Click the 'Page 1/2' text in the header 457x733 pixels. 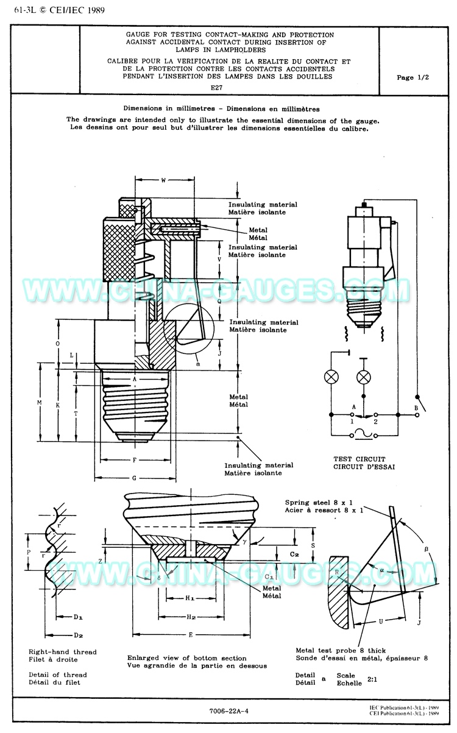coord(413,77)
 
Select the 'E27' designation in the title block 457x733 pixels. coord(216,88)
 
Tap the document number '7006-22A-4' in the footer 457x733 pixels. coord(228,710)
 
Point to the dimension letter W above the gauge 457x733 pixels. coord(164,180)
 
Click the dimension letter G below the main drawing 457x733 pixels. coord(133,479)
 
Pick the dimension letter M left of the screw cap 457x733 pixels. coord(38,403)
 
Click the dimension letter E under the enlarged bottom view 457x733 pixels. coord(190,635)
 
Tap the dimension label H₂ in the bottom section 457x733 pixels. coord(191,617)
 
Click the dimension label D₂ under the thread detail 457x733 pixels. coord(78,636)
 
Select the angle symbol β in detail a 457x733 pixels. coord(426,548)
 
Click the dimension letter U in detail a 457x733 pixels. coord(380,621)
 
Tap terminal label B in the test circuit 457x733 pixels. coord(416,407)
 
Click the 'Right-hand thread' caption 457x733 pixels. coord(63,652)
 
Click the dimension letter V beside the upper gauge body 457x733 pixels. coord(219,259)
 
